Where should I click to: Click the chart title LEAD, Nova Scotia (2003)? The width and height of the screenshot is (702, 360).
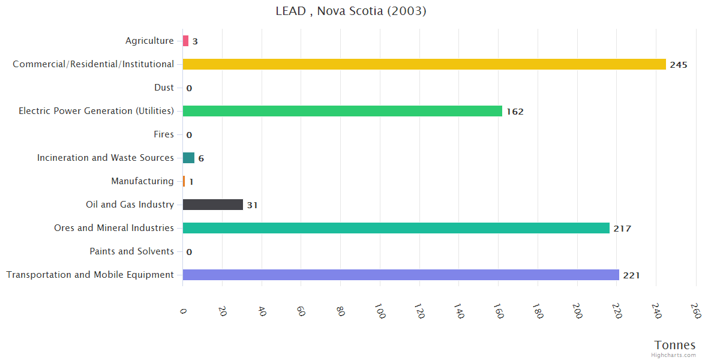coord(351,11)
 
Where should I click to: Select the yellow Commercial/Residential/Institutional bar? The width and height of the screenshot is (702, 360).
coord(424,64)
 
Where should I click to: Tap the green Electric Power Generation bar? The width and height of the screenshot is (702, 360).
coord(342,111)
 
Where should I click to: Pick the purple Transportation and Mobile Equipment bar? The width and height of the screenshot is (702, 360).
coord(401,275)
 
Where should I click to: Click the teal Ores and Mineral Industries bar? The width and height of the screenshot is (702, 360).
coord(396,228)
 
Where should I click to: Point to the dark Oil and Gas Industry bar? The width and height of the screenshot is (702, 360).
coord(213,205)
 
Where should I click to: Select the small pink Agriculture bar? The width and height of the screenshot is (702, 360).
coord(185,41)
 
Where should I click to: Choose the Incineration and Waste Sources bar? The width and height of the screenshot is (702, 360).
coord(188,158)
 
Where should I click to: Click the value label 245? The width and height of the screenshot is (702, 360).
coord(679,65)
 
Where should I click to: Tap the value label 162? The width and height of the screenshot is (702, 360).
coord(515,112)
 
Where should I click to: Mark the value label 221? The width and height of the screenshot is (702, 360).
coord(631,275)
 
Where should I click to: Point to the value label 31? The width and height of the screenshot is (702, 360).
coord(252,205)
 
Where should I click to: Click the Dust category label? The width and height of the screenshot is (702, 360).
coord(164,88)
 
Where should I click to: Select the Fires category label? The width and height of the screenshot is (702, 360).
coord(163,134)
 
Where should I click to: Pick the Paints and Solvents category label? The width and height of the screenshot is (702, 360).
coord(131,251)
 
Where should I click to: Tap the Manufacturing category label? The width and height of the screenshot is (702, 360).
coord(142,181)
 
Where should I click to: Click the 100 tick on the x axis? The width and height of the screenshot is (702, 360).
coord(379,311)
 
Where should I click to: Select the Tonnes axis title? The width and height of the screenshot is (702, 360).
coord(675,345)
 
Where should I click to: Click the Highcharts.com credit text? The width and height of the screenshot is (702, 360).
coord(674,355)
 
